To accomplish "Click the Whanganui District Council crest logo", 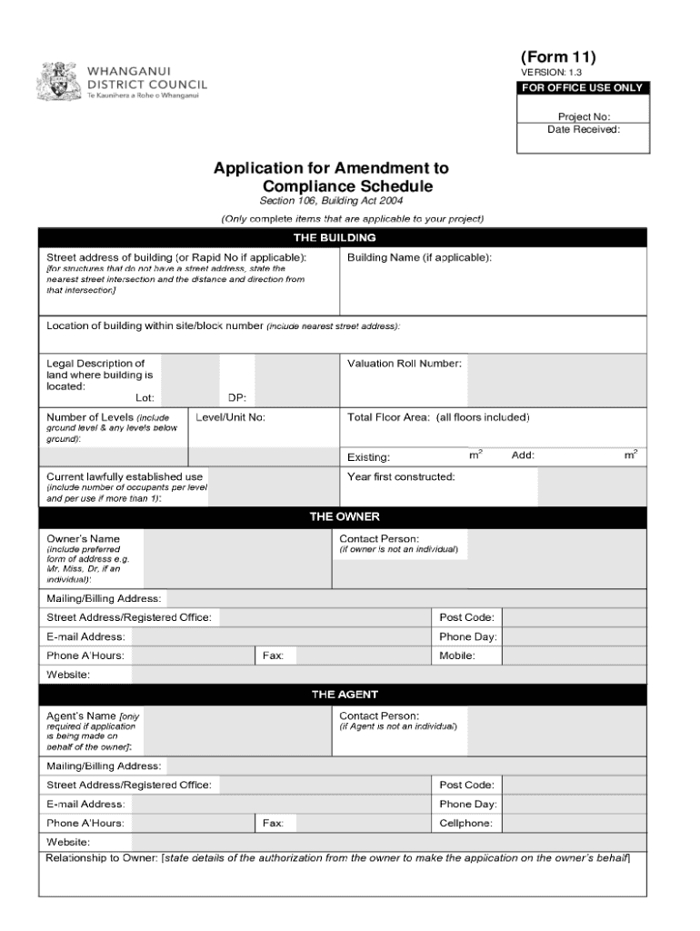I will coord(60,81).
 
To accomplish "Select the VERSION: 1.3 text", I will coord(551,73).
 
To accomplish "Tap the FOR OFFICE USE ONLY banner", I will coord(582,88).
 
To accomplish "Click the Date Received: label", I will coord(583,129).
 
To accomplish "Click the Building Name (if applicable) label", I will coord(419,257).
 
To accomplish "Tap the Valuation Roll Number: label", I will coord(404,364).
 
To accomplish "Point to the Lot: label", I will coord(145,397).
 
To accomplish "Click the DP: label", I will coord(236,397).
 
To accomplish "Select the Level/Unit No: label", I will coord(230,417).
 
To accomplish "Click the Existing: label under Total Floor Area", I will coord(368,456).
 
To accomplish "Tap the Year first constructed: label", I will coord(401,476).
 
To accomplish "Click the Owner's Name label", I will coord(83,538).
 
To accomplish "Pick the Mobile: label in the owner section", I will coord(456,656).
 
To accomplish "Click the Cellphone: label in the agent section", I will coord(465,824).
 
